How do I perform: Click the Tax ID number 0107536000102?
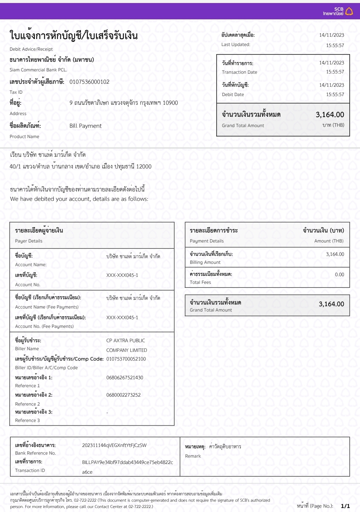tap(89, 82)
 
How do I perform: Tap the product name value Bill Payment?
tap(85, 126)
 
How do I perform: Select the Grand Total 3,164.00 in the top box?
tap(330, 115)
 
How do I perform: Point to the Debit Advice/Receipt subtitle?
tap(31, 49)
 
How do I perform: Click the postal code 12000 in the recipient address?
tap(144, 166)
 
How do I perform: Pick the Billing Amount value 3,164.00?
tap(335, 254)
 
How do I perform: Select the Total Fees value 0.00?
tap(339, 275)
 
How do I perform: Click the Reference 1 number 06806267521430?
tap(125, 378)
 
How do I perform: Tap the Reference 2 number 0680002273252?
tap(123, 395)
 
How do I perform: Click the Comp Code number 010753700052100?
tap(126, 359)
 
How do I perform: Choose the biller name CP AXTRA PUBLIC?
tap(126, 341)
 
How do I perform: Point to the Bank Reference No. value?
tap(114, 445)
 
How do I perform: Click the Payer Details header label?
tap(29, 241)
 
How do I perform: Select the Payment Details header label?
tap(207, 241)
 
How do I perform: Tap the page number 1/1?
tap(345, 506)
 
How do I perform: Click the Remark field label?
tap(193, 456)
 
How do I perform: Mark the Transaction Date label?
tap(239, 72)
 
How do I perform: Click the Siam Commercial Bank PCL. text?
tap(38, 70)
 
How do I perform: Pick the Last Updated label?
tap(236, 44)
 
